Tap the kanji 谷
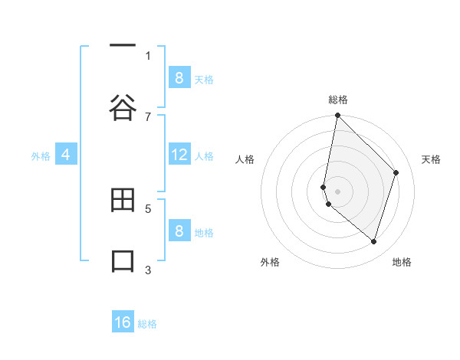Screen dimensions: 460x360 [123, 108]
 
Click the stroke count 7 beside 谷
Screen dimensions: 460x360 [148, 116]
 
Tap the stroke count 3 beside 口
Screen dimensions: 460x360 [148, 269]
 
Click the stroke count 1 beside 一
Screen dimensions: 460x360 [148, 56]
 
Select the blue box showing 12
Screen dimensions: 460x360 [179, 155]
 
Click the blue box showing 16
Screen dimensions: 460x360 [123, 322]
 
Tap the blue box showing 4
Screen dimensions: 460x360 [66, 155]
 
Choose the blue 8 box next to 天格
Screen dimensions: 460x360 [179, 77]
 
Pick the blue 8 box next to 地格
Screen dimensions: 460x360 [179, 231]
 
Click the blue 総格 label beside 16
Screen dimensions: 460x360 [147, 324]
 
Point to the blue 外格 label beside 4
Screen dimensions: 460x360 [41, 156]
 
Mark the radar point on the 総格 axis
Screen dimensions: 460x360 [337, 116]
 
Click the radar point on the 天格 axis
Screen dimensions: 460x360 [396, 172]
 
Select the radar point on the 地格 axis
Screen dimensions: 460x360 [373, 241]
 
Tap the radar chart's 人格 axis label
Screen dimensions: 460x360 [245, 159]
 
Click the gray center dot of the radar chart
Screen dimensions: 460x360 [337, 191]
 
